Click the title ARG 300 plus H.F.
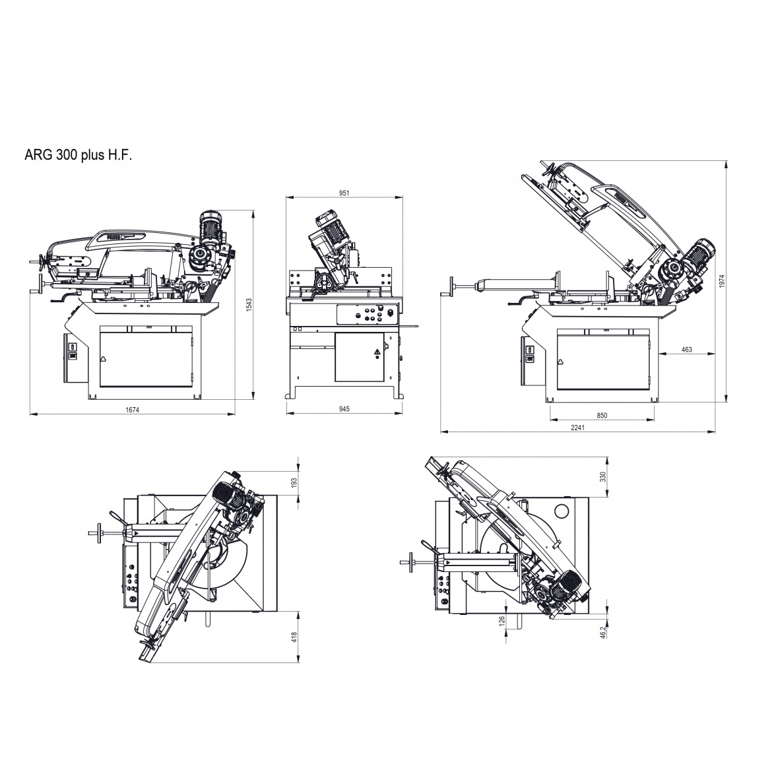click(x=79, y=155)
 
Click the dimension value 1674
click(x=133, y=410)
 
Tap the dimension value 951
click(x=344, y=193)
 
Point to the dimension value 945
click(x=344, y=409)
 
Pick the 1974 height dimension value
click(x=722, y=281)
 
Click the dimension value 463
click(x=686, y=350)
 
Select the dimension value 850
click(x=602, y=416)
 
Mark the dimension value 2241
click(x=577, y=428)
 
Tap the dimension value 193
click(x=295, y=482)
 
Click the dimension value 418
click(x=295, y=637)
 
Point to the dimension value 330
click(x=603, y=476)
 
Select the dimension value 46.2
click(x=603, y=632)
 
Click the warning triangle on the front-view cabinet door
click(x=377, y=352)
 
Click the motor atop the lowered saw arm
click(x=210, y=227)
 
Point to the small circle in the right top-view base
click(x=562, y=512)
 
